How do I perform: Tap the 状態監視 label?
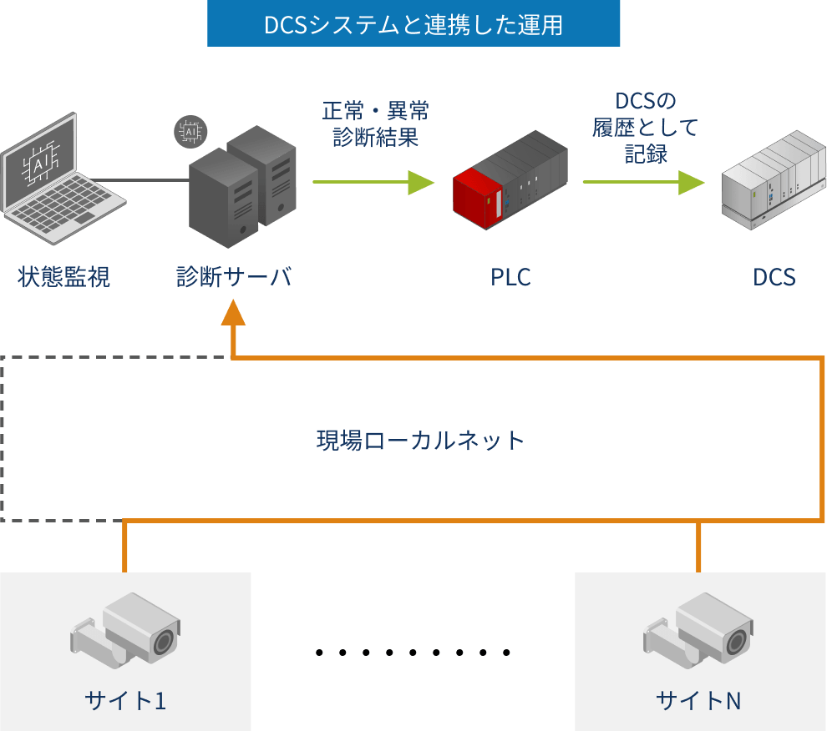pyautogui.click(x=64, y=277)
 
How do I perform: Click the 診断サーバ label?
pyautogui.click(x=234, y=277)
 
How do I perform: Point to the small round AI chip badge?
pyautogui.click(x=190, y=131)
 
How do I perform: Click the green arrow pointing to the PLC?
pyautogui.click(x=373, y=182)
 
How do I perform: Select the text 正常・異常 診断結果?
pyautogui.click(x=376, y=124)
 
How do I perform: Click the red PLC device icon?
pyautogui.click(x=510, y=184)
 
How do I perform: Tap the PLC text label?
pyautogui.click(x=510, y=277)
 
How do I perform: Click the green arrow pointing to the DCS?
pyautogui.click(x=644, y=182)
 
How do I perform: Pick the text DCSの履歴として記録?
pyautogui.click(x=645, y=128)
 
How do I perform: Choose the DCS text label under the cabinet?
pyautogui.click(x=774, y=277)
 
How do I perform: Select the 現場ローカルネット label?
pyautogui.click(x=420, y=440)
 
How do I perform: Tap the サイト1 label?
pyautogui.click(x=125, y=700)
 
